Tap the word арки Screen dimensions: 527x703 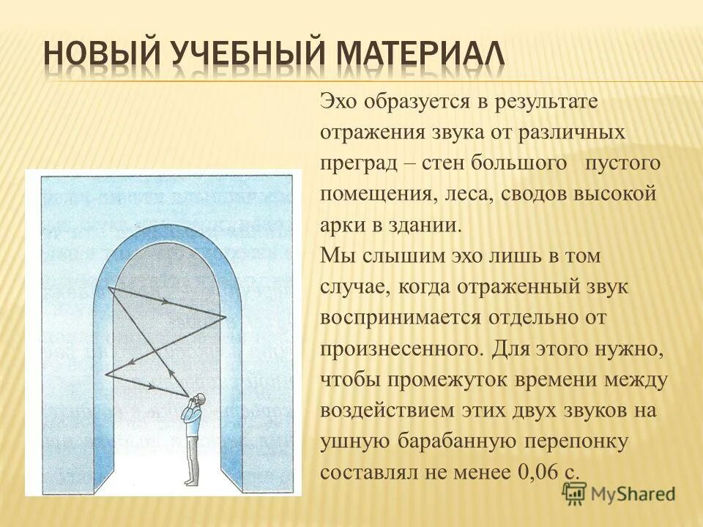tap(339, 225)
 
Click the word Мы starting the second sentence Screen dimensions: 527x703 tap(334, 256)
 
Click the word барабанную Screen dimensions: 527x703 tap(461, 441)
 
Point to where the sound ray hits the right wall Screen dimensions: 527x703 tap(226, 317)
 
